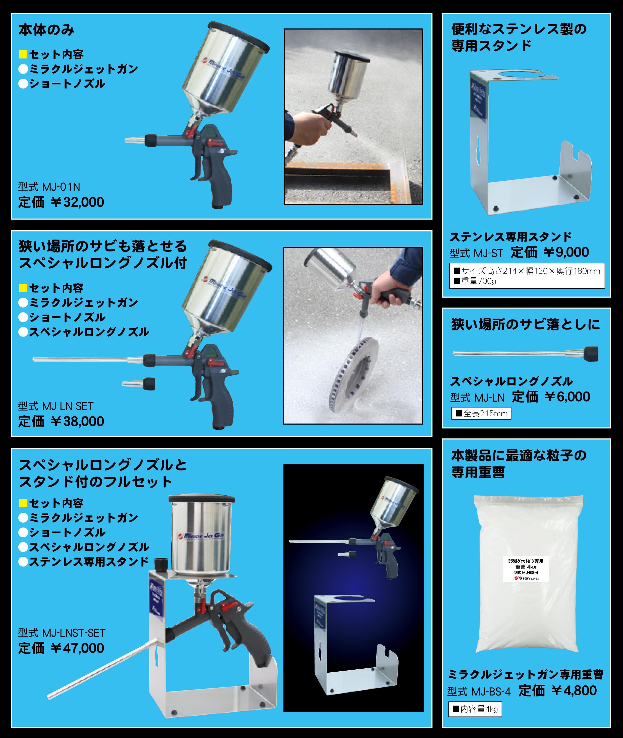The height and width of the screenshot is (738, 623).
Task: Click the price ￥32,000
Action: [77, 202]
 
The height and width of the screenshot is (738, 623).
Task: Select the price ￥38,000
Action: [77, 421]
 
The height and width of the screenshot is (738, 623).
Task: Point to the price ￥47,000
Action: [77, 648]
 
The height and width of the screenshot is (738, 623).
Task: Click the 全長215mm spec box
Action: [481, 413]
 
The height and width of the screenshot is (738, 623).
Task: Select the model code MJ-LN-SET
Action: [56, 406]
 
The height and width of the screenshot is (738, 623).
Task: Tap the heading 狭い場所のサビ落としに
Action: [526, 324]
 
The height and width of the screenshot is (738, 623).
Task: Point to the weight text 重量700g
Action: [478, 281]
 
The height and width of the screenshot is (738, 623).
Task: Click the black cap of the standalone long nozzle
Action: [591, 354]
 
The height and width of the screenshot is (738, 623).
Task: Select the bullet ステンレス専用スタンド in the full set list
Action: [84, 562]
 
